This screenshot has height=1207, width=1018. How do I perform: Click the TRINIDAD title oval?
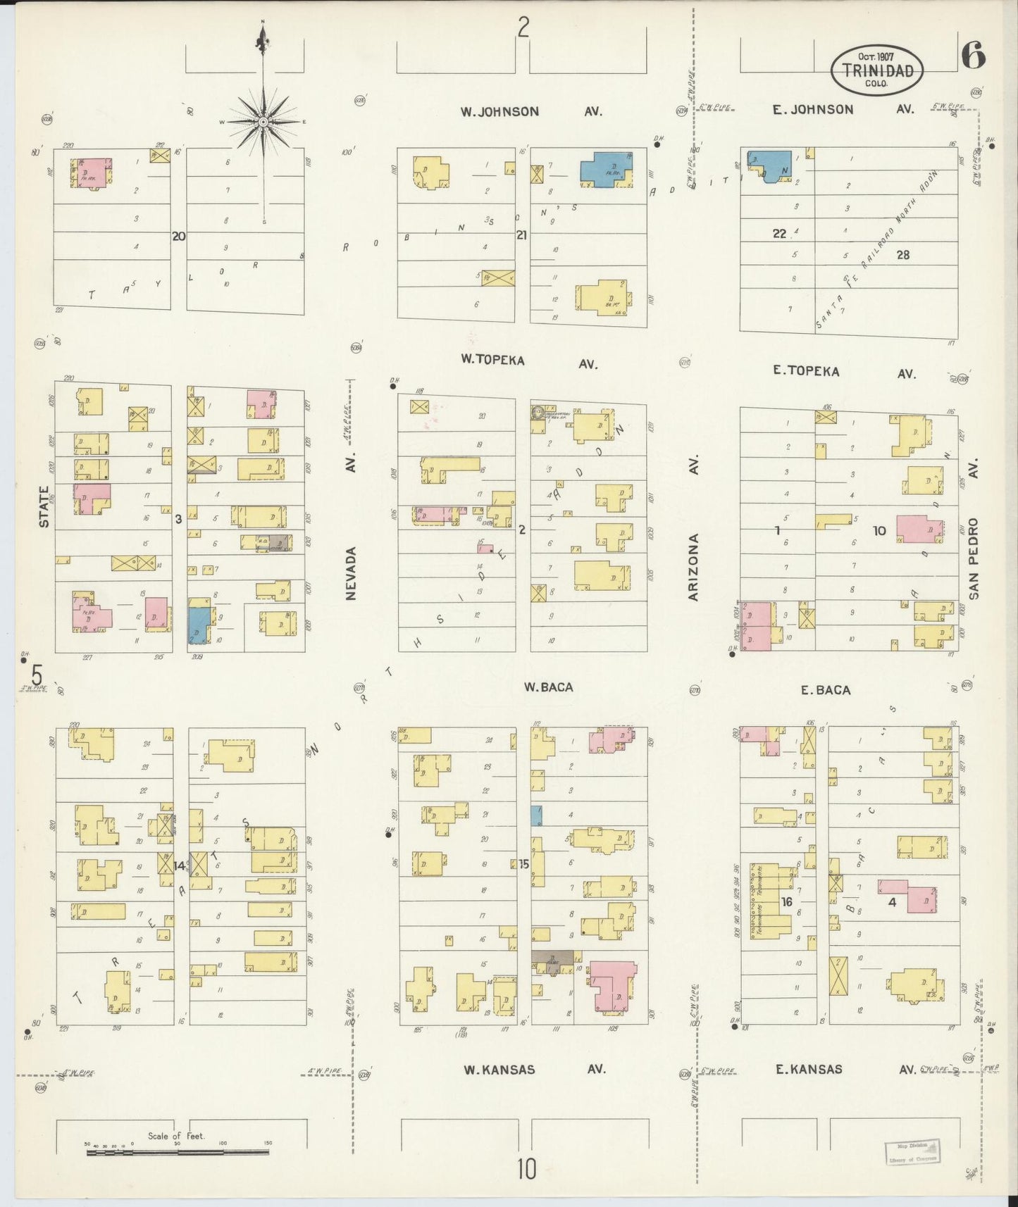point(876,70)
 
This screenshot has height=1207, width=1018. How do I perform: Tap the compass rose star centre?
point(263,122)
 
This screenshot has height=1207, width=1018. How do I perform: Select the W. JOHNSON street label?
point(499,111)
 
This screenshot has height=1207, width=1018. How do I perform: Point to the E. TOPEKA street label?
point(806,370)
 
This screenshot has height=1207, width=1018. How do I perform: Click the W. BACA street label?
point(548,687)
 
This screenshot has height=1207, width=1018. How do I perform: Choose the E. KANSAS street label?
point(809,1069)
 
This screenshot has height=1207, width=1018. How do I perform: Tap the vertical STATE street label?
point(44,506)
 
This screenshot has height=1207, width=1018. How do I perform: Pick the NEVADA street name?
point(352,573)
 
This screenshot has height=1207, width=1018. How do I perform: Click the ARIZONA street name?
point(693,567)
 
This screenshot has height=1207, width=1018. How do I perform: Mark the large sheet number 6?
point(973,56)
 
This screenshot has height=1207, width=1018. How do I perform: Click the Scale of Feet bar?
point(176,1152)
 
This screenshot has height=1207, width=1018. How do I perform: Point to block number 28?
point(902,255)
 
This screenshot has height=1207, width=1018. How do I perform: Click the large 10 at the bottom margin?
point(526,1170)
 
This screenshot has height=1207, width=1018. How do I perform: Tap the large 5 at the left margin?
point(36,674)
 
